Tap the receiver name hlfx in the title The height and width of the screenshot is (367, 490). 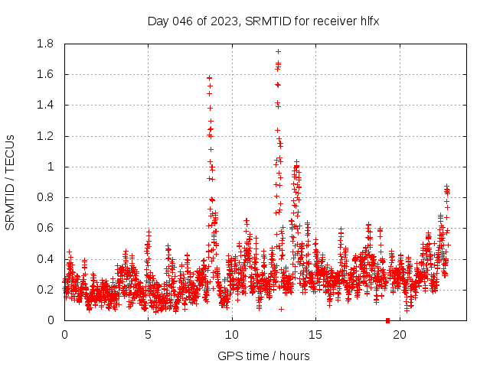click(x=367, y=21)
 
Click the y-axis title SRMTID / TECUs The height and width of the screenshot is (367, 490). click(x=11, y=182)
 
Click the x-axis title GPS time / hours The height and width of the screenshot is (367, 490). click(x=263, y=356)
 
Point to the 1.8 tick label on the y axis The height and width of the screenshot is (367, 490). click(x=44, y=44)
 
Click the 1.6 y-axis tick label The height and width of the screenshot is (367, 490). click(x=44, y=75)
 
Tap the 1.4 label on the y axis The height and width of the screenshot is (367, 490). click(x=44, y=106)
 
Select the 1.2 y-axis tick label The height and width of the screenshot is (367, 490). click(x=44, y=136)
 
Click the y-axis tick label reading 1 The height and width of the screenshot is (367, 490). click(x=50, y=167)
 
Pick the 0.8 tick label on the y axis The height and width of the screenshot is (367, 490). click(x=44, y=197)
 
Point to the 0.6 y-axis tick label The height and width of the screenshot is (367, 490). click(x=44, y=229)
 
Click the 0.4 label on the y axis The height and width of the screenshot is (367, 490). click(x=44, y=259)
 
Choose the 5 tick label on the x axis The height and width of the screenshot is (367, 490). click(x=148, y=334)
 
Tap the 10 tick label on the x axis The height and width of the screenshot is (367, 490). click(x=231, y=334)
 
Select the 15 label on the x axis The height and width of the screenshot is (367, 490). click(x=315, y=334)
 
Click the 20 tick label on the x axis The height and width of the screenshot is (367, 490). click(x=399, y=334)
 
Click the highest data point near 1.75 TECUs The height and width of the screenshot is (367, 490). click(x=278, y=51)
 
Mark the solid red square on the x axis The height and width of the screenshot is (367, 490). click(x=387, y=320)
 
